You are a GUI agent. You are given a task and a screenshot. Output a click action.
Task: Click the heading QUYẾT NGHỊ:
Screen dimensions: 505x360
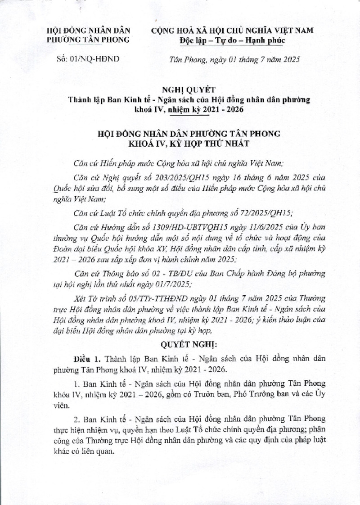[180, 345]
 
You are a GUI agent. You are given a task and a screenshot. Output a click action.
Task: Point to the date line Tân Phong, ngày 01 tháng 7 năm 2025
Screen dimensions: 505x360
[234, 59]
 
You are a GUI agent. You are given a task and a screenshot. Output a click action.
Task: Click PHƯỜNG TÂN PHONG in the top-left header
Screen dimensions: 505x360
[89, 40]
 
